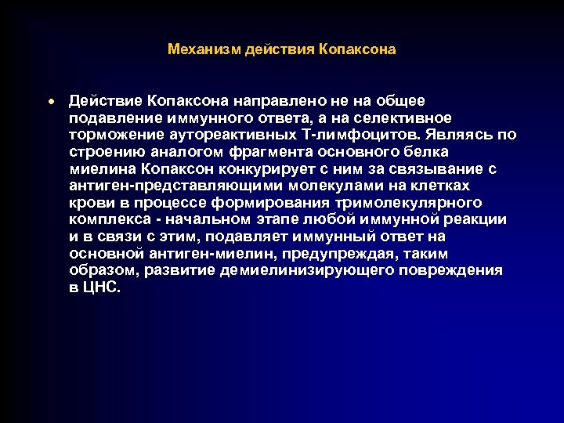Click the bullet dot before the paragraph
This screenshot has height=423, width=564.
tap(49, 102)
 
